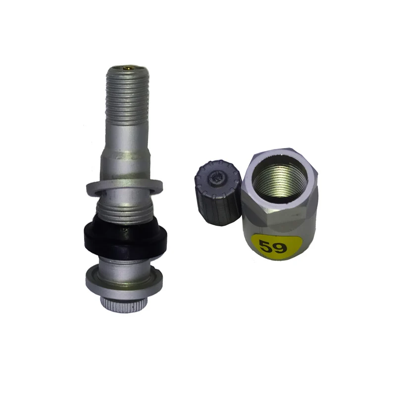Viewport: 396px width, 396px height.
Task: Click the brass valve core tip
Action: (x=128, y=67)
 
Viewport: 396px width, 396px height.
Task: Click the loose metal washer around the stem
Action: (x=124, y=187)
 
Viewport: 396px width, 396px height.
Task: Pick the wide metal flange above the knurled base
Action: (x=124, y=280)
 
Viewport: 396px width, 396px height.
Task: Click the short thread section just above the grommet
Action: (x=124, y=211)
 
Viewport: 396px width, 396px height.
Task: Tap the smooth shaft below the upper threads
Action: (x=127, y=139)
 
